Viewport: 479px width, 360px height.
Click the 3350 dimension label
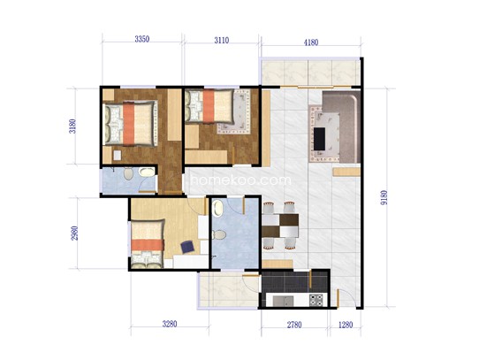pyautogui.click(x=142, y=39)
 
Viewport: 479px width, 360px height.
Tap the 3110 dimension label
pyautogui.click(x=222, y=40)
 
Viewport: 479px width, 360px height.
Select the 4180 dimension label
pyautogui.click(x=311, y=42)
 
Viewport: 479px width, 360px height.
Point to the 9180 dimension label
pyautogui.click(x=384, y=197)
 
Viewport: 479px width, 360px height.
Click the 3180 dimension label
pyautogui.click(x=72, y=126)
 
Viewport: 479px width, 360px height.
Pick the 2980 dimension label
pyautogui.click(x=74, y=233)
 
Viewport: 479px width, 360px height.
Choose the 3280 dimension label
pyautogui.click(x=170, y=324)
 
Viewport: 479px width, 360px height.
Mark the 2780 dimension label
pyautogui.click(x=294, y=325)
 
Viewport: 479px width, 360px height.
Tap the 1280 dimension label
pyautogui.click(x=346, y=325)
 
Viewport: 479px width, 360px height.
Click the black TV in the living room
pyautogui.click(x=320, y=139)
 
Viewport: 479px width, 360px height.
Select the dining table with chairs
pyautogui.click(x=280, y=226)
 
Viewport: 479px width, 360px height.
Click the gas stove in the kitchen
pyautogui.click(x=316, y=300)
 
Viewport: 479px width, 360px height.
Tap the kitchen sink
pyautogui.click(x=283, y=301)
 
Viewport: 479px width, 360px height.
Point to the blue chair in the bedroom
pyautogui.click(x=188, y=247)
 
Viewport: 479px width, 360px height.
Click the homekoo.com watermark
pyautogui.click(x=240, y=180)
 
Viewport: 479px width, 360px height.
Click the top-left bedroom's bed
pyautogui.click(x=131, y=124)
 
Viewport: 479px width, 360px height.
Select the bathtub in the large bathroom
pyautogui.click(x=218, y=208)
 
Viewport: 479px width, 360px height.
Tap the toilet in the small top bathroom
pyautogui.click(x=129, y=173)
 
